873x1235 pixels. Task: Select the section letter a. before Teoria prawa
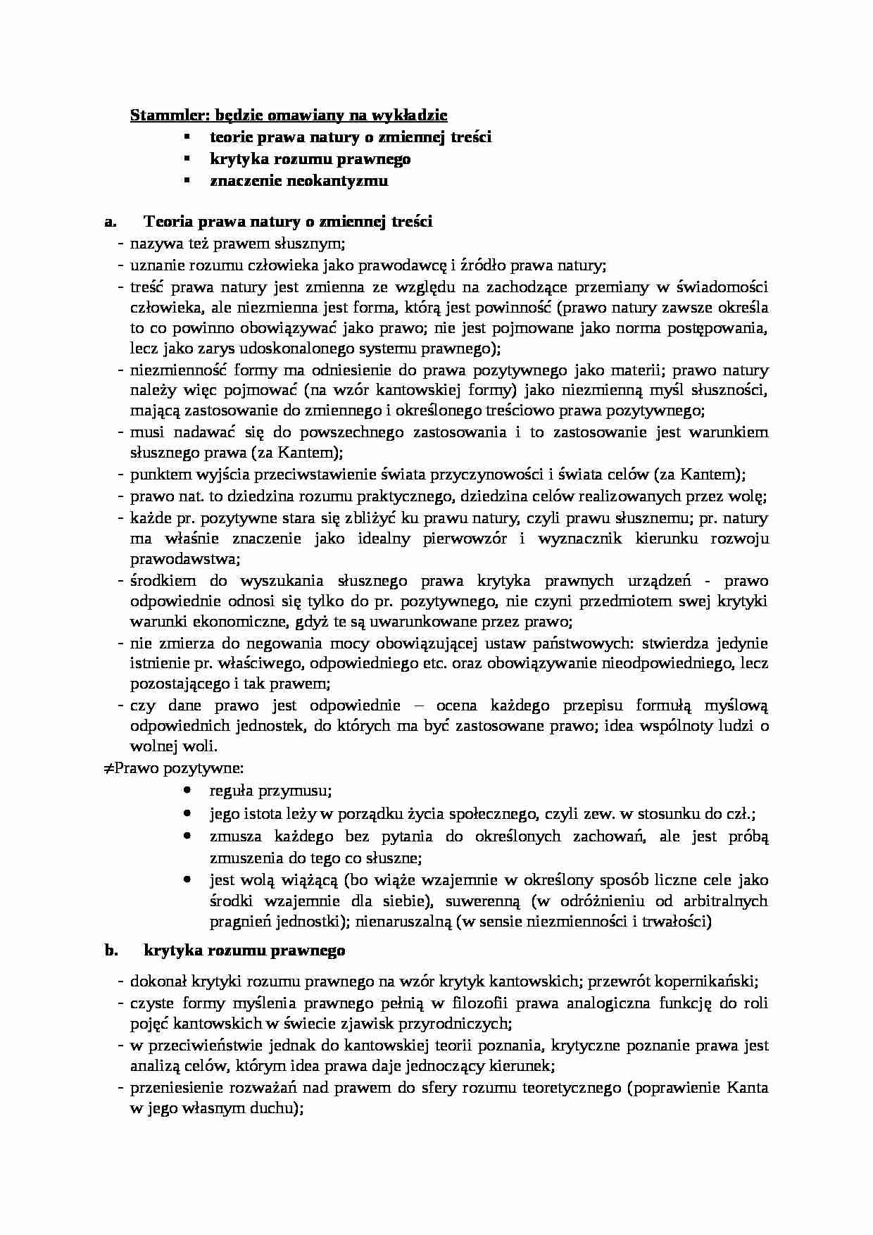pyautogui.click(x=109, y=222)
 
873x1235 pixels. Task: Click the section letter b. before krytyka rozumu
pyautogui.click(x=110, y=951)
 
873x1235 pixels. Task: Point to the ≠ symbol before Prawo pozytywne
pyautogui.click(x=108, y=768)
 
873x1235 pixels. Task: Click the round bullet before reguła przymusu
pyautogui.click(x=187, y=791)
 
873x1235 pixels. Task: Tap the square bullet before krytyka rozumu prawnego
pyautogui.click(x=187, y=158)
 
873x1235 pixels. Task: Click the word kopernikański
pyautogui.click(x=716, y=982)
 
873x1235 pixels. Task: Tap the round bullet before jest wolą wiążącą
pyautogui.click(x=187, y=879)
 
